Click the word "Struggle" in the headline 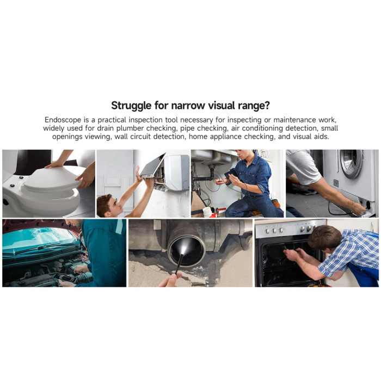pos(131,106)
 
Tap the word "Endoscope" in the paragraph pos(63,120)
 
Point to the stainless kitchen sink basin pos(211,157)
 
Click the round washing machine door pos(351,163)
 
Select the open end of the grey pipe pos(186,251)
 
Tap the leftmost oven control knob pos(267,231)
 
